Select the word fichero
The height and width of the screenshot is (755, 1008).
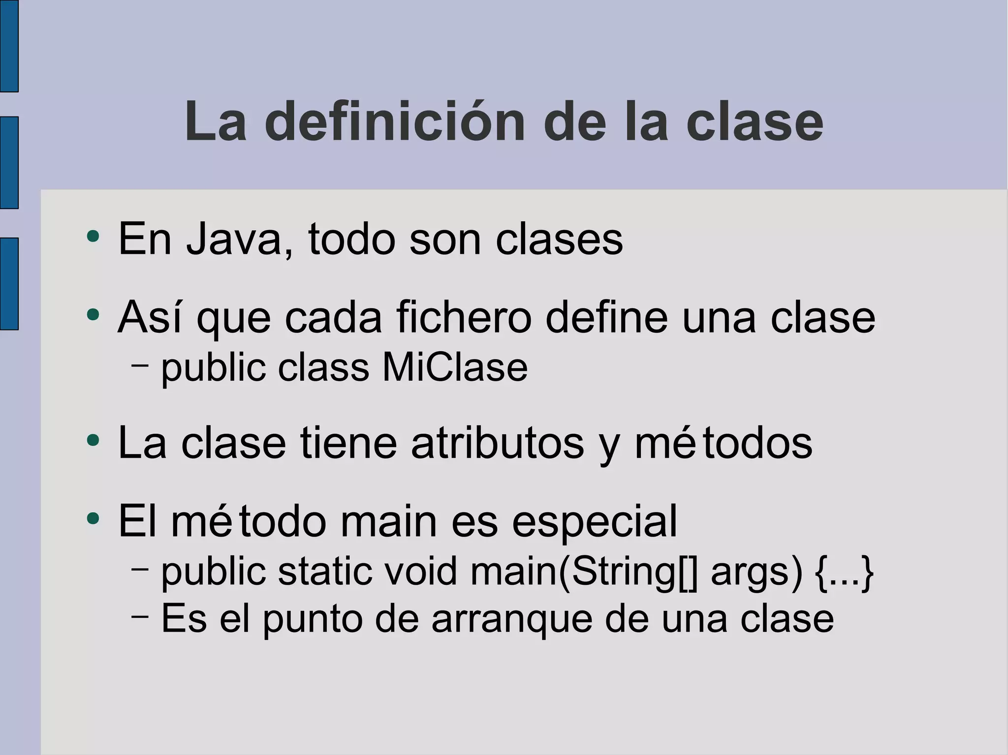[464, 318]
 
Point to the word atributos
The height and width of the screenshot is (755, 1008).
[498, 443]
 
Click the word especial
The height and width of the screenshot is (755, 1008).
[595, 522]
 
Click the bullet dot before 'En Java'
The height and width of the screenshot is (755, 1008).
[93, 237]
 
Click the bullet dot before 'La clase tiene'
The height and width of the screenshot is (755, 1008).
[93, 440]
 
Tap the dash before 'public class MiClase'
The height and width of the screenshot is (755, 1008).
[140, 365]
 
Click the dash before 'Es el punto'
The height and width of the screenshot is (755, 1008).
[140, 616]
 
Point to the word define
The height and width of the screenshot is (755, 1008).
[607, 318]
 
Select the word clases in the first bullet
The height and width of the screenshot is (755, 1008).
[559, 240]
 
